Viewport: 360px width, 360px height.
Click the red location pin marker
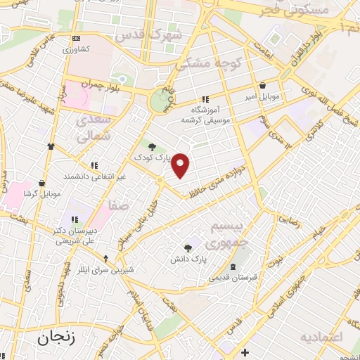[x=181, y=165]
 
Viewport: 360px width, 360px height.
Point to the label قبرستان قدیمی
[x=233, y=276]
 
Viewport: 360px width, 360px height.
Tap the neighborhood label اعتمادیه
[x=323, y=337]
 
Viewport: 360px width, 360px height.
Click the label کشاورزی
[x=76, y=50]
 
